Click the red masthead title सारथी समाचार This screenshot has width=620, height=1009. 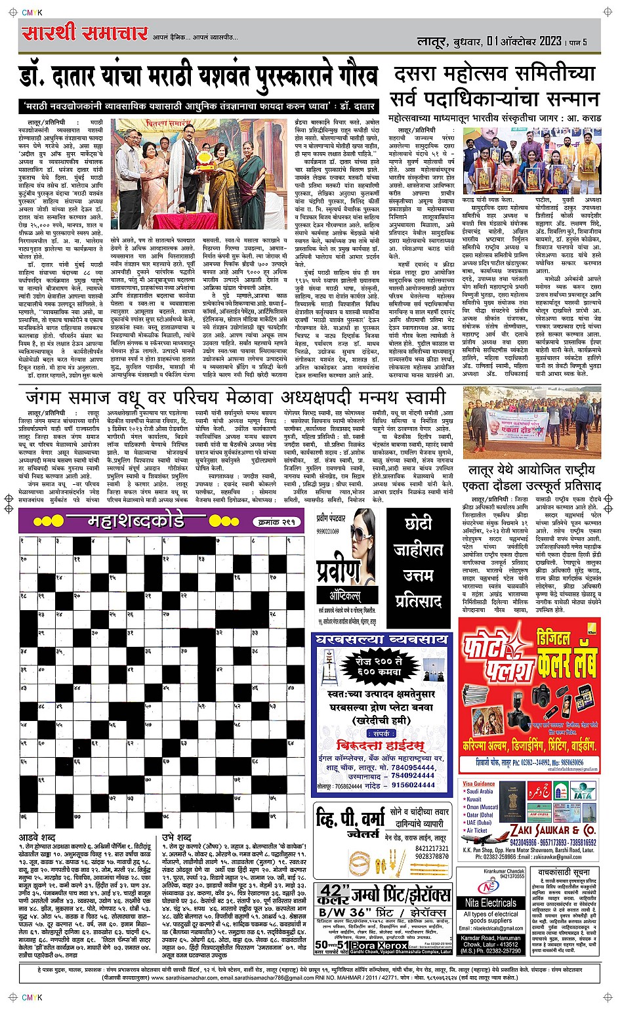[84, 33]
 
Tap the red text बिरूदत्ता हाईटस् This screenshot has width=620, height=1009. [380, 745]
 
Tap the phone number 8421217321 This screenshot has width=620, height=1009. [432, 848]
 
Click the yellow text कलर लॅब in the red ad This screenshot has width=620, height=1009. [566, 663]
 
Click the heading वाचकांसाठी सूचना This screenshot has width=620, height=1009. [564, 873]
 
